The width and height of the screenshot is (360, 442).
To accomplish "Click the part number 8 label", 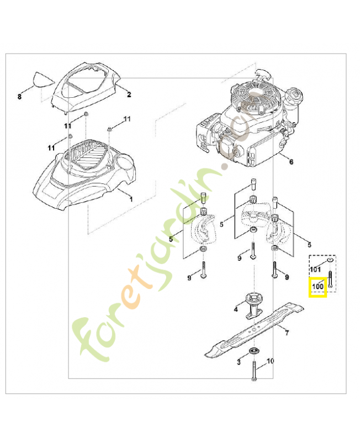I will [19, 96].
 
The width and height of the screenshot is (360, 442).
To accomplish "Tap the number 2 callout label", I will [129, 94].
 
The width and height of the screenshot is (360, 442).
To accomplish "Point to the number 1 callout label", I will [131, 197].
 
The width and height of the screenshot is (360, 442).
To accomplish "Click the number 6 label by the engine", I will [291, 162].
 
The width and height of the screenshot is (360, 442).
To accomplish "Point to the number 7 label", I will [287, 333].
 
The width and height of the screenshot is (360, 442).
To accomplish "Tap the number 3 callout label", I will [239, 362].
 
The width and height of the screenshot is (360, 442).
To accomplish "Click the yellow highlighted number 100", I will [317, 287].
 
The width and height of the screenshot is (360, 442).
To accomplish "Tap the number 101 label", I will [315, 270].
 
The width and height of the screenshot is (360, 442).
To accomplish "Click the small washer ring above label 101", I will [329, 259].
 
